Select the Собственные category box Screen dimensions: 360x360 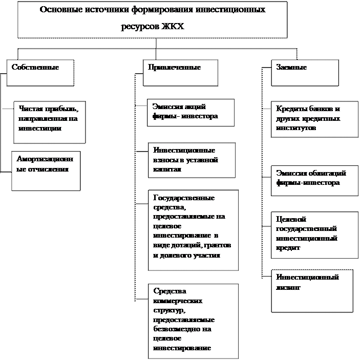40,72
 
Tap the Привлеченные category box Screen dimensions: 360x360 180,72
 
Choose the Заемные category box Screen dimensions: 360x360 304,72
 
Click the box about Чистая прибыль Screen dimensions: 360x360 49,121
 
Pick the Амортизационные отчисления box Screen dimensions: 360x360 46,171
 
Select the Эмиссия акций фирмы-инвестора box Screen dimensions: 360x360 190,112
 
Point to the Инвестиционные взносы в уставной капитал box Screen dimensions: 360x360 192,160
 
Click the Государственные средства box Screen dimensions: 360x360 193,230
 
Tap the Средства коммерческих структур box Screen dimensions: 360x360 193,321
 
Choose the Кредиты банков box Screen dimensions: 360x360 314,119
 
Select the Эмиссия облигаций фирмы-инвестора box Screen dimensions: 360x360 314,180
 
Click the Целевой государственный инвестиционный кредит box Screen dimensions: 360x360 314,235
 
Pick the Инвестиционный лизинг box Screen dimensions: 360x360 312,290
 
